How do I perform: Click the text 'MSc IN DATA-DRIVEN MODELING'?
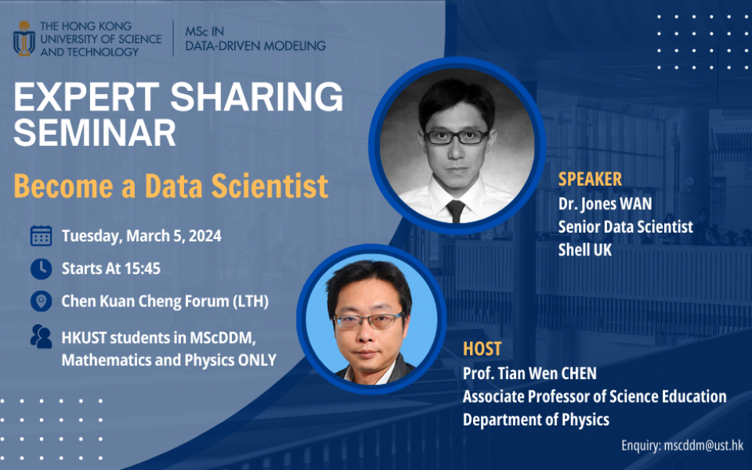coord(255,38)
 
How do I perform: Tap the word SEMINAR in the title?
coord(94,133)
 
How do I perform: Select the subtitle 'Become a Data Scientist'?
coord(171,186)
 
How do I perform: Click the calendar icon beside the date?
coord(41,235)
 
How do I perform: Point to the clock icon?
coord(41,269)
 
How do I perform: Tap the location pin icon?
coord(41,302)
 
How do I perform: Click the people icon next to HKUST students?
coord(41,336)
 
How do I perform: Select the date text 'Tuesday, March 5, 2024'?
coord(141,235)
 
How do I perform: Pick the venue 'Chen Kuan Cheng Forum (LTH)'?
coord(164,302)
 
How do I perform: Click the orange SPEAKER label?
coord(590,179)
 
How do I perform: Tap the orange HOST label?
coord(483,349)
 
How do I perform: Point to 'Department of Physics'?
coord(536,420)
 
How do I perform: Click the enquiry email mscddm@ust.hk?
coord(702,445)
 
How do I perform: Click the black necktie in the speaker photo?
coord(455,210)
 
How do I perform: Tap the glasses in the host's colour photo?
coord(367,320)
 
